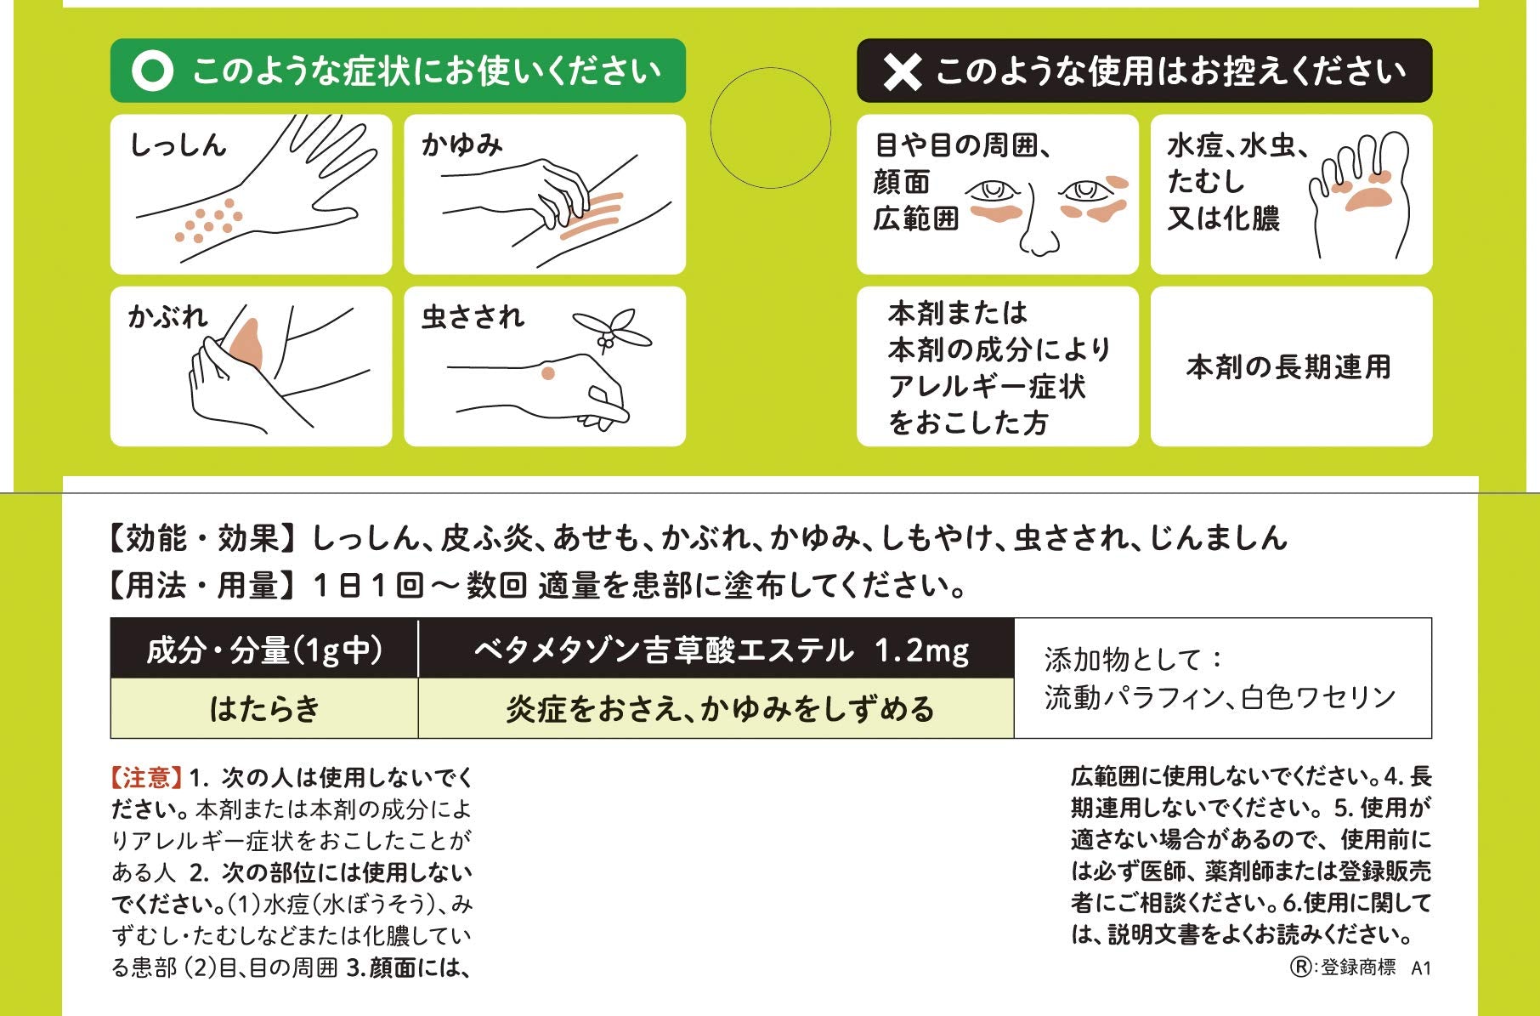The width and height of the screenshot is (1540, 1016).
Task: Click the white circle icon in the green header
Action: [x=153, y=71]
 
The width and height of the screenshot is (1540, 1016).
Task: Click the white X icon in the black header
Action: [x=902, y=71]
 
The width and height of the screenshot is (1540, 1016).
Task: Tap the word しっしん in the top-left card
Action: [x=178, y=145]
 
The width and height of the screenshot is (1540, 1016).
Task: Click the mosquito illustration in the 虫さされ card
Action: [x=611, y=329]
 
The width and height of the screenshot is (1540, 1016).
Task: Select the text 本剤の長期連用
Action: [x=1289, y=367]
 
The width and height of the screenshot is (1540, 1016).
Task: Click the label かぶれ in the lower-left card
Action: [x=167, y=317]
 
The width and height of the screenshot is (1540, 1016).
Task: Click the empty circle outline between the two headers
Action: [x=770, y=128]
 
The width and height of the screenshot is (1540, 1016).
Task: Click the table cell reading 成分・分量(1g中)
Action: [x=264, y=650]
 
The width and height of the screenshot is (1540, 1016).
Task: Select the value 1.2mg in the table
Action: [x=921, y=650]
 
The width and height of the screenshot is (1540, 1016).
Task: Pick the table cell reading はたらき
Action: [x=264, y=708]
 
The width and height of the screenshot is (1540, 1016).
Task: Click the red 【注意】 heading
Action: [x=146, y=777]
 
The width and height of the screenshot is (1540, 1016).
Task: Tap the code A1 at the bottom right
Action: [x=1421, y=968]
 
